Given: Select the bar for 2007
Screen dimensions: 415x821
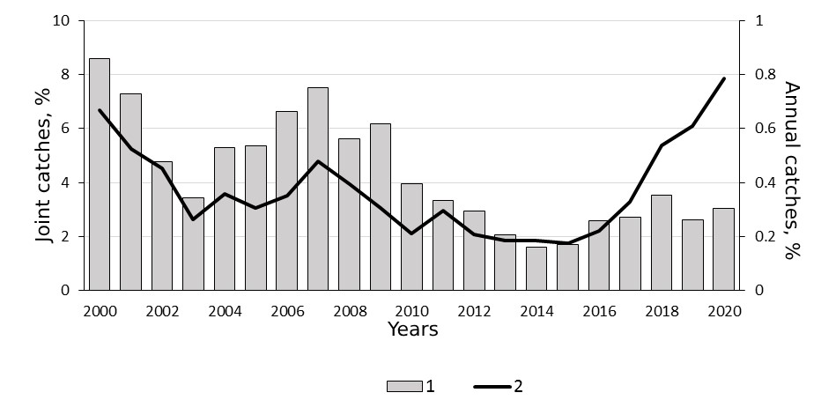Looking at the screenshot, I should (318, 189).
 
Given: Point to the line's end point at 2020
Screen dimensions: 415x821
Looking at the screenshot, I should (723, 78).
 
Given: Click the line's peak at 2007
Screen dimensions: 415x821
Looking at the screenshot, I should (318, 161).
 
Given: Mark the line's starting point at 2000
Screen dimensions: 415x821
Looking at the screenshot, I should (100, 110).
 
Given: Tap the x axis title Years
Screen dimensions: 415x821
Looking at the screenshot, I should (413, 330).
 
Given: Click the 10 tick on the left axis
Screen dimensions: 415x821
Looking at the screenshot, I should (62, 20).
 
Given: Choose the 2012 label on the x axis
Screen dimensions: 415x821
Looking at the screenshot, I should (475, 311).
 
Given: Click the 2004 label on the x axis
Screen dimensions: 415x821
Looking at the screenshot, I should (225, 311).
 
